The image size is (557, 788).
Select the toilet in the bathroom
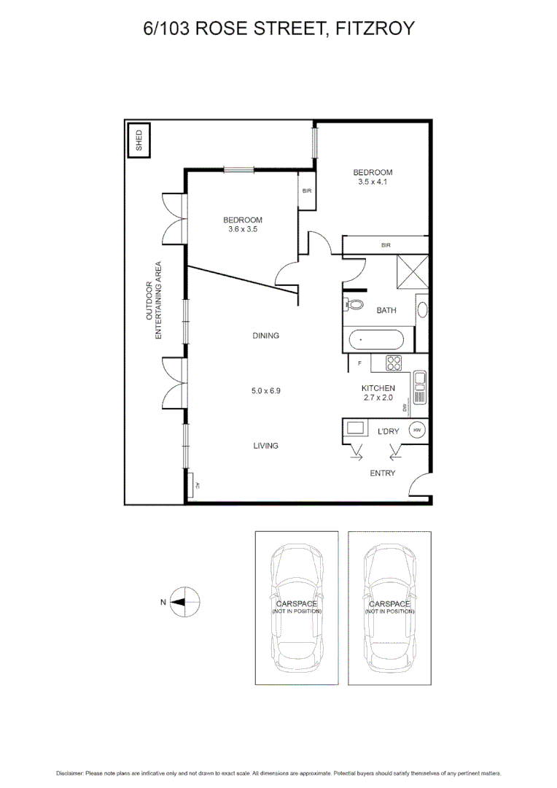(x=353, y=306)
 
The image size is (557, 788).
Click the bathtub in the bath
(x=375, y=341)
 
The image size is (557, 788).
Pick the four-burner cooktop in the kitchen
(x=394, y=362)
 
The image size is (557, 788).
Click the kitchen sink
(x=419, y=387)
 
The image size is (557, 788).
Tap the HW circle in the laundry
(x=417, y=430)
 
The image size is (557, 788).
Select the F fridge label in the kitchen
(x=359, y=363)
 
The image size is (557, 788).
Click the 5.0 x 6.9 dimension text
(x=266, y=390)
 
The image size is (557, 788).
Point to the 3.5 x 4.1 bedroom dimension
(x=373, y=182)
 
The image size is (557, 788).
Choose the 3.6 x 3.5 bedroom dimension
(x=243, y=229)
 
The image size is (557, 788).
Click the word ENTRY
(x=383, y=474)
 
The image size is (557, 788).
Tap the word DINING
(x=266, y=336)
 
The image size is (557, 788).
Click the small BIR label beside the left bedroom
(x=306, y=191)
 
